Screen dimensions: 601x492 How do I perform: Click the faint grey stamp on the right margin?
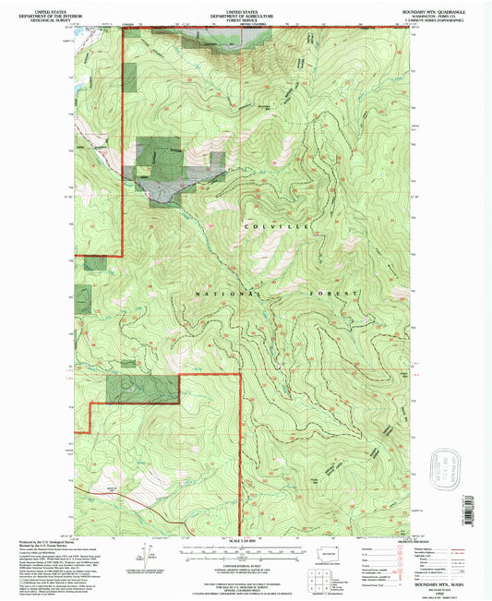click(x=451, y=462)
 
